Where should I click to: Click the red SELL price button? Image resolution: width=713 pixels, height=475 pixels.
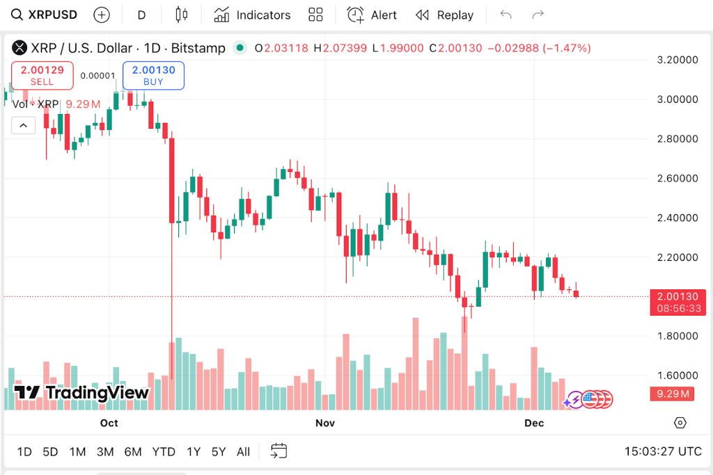(42, 76)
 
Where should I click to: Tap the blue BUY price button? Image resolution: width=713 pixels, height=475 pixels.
(153, 76)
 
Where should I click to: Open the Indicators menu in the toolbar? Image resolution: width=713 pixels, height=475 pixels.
(252, 15)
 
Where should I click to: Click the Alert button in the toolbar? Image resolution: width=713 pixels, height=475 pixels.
(373, 15)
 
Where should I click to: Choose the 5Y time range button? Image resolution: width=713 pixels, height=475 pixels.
(219, 451)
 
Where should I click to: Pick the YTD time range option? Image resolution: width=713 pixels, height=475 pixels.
(164, 451)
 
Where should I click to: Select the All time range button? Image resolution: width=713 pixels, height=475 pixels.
(243, 451)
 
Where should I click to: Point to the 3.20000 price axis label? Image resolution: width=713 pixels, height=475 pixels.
(678, 60)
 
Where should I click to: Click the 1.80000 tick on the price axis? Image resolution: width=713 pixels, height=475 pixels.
(678, 336)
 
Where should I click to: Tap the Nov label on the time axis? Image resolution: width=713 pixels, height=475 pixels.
(325, 423)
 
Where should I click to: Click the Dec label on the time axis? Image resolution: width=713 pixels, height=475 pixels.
(534, 423)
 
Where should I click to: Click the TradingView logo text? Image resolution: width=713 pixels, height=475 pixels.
(82, 393)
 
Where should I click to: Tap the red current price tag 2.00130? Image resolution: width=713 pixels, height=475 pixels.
(677, 297)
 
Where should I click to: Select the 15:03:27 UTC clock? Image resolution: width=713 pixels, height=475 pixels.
(663, 451)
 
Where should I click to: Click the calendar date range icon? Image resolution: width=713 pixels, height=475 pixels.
(279, 451)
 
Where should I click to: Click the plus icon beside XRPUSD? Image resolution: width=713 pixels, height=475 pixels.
(102, 15)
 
